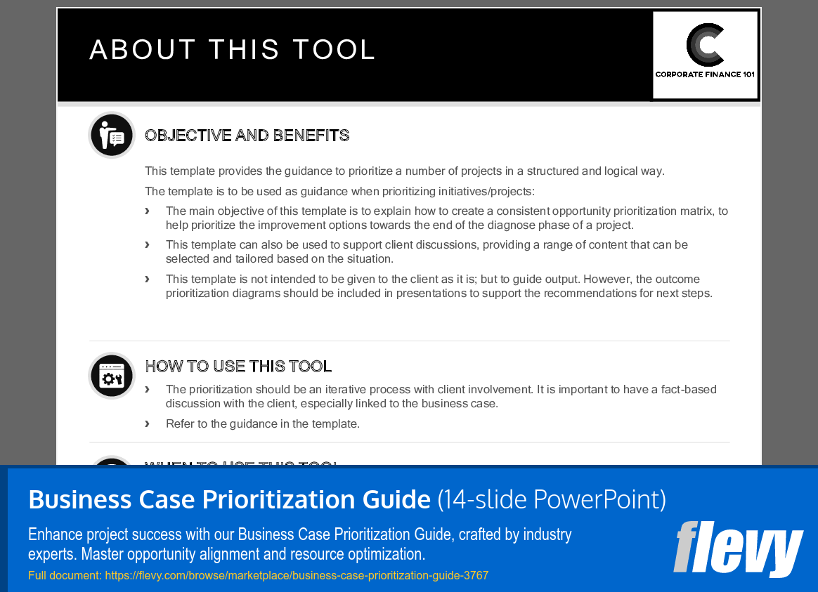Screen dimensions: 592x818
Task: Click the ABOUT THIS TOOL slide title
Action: [233, 50]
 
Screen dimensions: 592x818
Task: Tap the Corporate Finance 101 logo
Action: [705, 55]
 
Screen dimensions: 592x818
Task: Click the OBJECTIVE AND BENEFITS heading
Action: [247, 136]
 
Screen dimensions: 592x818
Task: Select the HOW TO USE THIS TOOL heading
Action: [238, 367]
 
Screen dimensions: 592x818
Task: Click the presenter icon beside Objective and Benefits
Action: [112, 135]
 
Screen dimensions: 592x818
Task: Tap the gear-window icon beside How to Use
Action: [112, 376]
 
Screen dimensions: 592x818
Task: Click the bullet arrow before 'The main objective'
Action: [148, 211]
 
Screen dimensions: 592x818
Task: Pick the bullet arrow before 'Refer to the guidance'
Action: [148, 423]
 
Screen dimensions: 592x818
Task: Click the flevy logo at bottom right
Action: [738, 548]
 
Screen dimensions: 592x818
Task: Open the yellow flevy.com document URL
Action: [258, 576]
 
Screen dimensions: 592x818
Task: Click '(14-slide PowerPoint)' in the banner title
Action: [552, 499]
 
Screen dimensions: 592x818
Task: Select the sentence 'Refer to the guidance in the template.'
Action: [263, 423]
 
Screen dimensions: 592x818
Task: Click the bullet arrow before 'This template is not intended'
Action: [148, 279]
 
